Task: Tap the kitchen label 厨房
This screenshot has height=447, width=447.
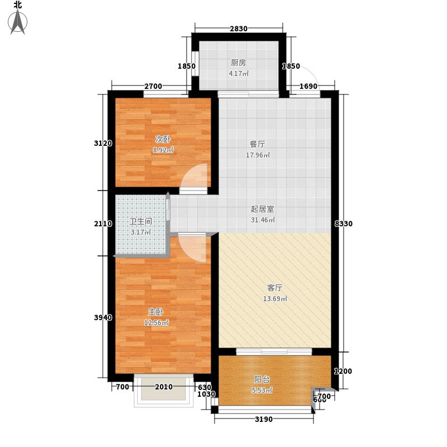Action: [238, 63]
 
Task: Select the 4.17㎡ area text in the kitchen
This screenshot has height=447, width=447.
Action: [239, 74]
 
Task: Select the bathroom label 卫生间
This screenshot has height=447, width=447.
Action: [137, 220]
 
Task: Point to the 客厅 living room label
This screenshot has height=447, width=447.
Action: [274, 288]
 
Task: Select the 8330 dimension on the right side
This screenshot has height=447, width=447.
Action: [343, 223]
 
